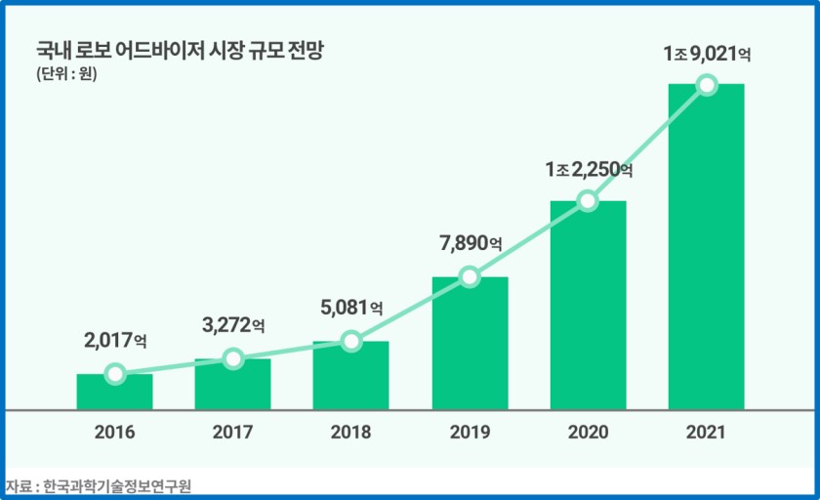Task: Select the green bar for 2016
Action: point(114,393)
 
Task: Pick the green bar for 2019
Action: point(470,344)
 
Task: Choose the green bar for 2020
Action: point(588,306)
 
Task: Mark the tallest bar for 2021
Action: point(706,247)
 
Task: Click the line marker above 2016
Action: point(115,374)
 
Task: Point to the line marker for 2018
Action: point(351,341)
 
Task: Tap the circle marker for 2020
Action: point(588,200)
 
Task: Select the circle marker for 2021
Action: point(707,85)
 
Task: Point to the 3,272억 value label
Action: point(232,324)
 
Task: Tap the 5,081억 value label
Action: point(351,308)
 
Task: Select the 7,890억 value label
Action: point(470,243)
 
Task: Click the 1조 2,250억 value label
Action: point(589,170)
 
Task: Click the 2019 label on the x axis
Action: point(470,433)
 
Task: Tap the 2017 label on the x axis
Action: point(232,433)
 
